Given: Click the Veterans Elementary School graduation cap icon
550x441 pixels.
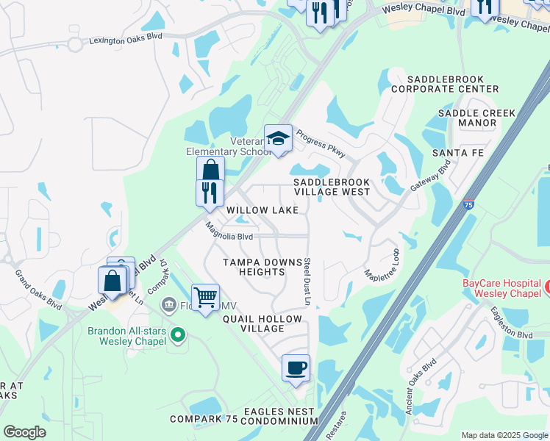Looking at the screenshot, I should [x=279, y=137].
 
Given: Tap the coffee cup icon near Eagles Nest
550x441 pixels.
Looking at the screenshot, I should [x=296, y=367].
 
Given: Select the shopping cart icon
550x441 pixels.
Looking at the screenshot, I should [x=206, y=298].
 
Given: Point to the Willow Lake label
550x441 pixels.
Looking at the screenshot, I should [x=262, y=210].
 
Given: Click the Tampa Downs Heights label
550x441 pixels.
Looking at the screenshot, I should [x=254, y=267].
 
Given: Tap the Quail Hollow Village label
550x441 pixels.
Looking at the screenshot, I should [x=262, y=324].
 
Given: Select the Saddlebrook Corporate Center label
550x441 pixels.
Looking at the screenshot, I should [x=444, y=83].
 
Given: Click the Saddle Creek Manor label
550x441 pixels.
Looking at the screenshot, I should [x=476, y=118].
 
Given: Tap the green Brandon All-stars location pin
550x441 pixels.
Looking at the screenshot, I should [x=177, y=336].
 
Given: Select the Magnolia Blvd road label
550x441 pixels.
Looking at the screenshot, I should [x=229, y=232].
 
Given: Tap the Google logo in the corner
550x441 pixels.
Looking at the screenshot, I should [x=24, y=431].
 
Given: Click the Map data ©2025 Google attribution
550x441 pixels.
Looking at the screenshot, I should [x=504, y=435].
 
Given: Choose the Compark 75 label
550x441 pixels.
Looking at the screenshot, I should [x=204, y=419].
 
